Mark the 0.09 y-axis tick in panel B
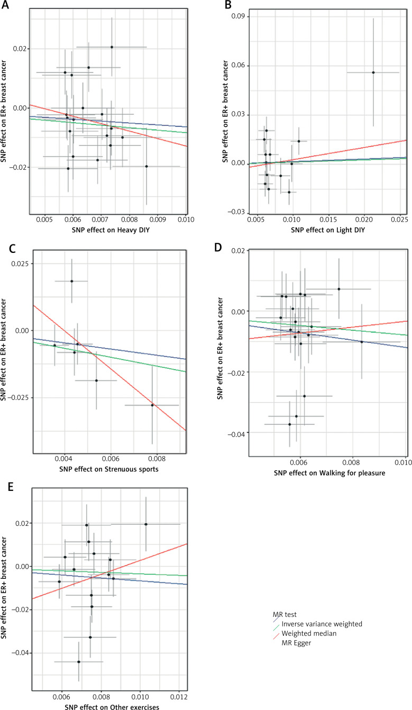coord(236,17)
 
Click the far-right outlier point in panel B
coord(373,72)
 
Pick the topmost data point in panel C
coord(71,281)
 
